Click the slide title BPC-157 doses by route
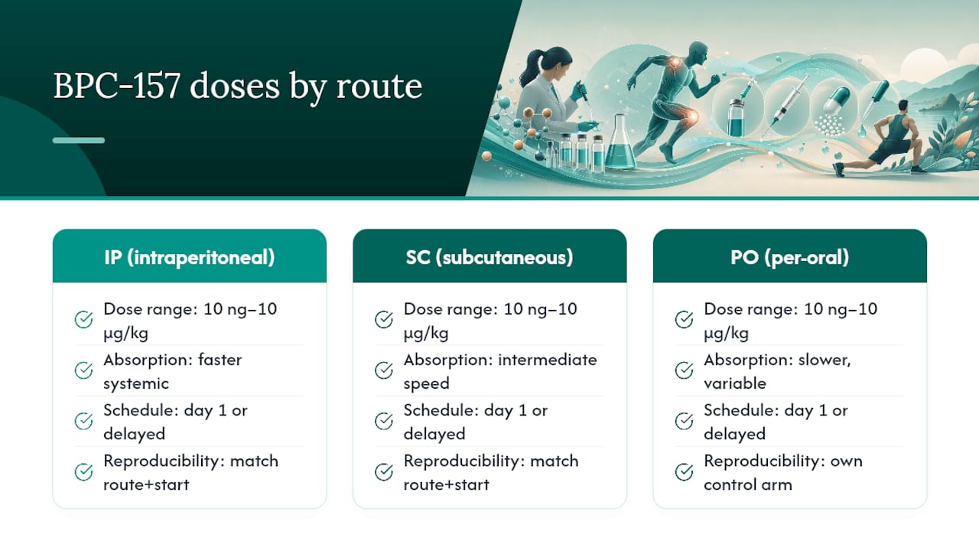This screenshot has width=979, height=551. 238,86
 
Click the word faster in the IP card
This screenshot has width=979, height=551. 220,360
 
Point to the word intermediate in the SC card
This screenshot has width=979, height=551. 548,360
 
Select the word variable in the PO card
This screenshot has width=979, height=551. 735,383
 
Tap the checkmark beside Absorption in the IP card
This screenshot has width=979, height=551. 83,370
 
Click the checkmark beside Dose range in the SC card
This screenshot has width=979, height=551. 384,319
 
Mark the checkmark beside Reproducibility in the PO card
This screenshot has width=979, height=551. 684,472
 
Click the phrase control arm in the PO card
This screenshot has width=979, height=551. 748,484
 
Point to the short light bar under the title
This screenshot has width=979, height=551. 79,140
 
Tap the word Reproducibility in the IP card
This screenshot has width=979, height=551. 164,461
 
